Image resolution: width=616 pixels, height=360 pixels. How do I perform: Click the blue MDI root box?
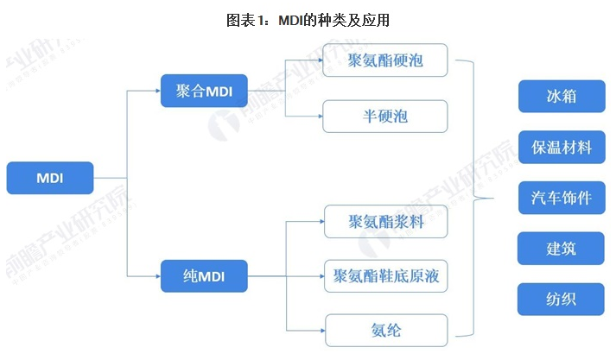(x=50, y=178)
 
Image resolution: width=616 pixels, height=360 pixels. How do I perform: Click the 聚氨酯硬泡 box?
(x=385, y=61)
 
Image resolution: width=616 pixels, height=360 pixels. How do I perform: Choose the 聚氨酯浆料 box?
(x=385, y=223)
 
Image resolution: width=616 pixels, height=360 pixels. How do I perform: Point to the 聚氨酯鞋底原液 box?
(x=385, y=277)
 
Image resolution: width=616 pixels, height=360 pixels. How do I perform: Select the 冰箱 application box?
(x=562, y=97)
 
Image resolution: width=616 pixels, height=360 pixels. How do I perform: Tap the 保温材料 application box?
(x=562, y=148)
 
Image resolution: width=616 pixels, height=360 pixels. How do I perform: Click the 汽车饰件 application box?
(x=562, y=198)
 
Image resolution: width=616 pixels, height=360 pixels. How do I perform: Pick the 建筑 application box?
(x=562, y=249)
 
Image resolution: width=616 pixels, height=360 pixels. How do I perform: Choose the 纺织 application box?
(x=562, y=299)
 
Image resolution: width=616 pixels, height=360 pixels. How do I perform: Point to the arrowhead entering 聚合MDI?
(x=157, y=89)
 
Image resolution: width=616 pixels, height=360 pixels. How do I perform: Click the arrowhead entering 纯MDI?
(x=157, y=276)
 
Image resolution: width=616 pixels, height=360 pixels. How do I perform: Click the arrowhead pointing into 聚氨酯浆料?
(x=319, y=223)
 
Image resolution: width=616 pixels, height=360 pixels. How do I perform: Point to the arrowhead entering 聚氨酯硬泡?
(x=319, y=61)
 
